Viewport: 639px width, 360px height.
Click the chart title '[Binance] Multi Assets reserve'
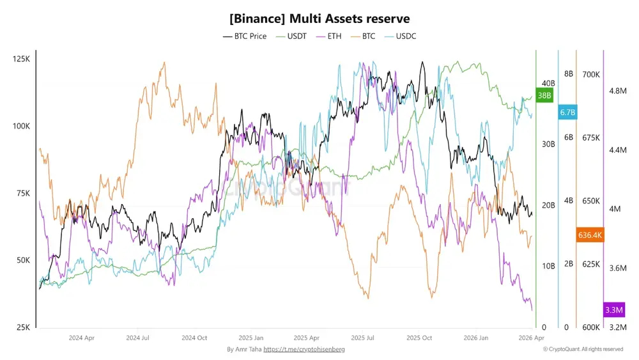tap(319, 19)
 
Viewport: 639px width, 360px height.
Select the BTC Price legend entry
tap(245, 36)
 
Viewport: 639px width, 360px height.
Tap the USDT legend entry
tap(291, 36)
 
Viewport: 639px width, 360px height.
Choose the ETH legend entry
tap(328, 36)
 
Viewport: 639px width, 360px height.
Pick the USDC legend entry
tap(400, 36)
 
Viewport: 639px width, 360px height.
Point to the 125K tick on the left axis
tap(21, 59)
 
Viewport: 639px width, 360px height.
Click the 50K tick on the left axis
tap(23, 260)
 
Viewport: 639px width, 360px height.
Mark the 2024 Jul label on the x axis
tap(137, 338)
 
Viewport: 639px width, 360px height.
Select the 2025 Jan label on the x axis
tap(250, 338)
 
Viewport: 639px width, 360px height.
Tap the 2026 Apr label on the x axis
tap(531, 338)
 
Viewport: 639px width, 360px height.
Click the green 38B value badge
tap(544, 95)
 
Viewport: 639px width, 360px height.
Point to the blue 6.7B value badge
tap(567, 112)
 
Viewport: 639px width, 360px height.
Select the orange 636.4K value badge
tap(590, 235)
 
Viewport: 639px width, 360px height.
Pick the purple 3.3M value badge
tap(613, 310)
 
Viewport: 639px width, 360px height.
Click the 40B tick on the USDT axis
tap(548, 83)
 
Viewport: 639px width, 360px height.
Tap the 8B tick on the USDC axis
tap(569, 74)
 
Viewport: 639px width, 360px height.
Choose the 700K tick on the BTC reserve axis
tap(591, 75)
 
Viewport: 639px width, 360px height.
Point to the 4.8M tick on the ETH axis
tap(618, 91)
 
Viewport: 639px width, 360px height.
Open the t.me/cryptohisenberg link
tap(304, 349)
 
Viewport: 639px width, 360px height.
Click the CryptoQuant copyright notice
tap(583, 349)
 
